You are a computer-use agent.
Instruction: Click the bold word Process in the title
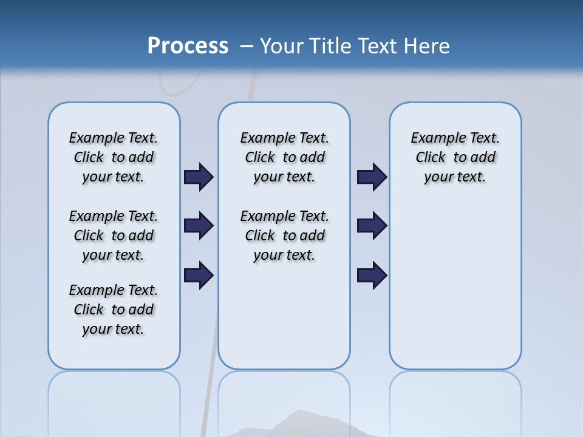(x=188, y=46)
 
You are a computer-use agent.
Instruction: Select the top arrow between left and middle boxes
(x=199, y=177)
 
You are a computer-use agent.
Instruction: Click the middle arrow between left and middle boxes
(x=199, y=226)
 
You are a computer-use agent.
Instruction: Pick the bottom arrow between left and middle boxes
(x=199, y=276)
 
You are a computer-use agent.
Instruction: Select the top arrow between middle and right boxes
(x=372, y=177)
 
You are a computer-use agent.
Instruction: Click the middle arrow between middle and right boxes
(x=372, y=226)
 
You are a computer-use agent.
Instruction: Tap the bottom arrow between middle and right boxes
(x=372, y=276)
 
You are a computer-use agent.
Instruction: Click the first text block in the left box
(x=114, y=157)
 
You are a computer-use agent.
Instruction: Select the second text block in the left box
(x=114, y=235)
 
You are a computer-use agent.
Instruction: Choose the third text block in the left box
(x=114, y=310)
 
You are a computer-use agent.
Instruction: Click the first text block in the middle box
(x=284, y=157)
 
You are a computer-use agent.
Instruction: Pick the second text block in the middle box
(x=284, y=235)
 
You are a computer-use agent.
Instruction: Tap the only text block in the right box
(x=455, y=157)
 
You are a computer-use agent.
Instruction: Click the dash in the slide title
(x=247, y=46)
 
